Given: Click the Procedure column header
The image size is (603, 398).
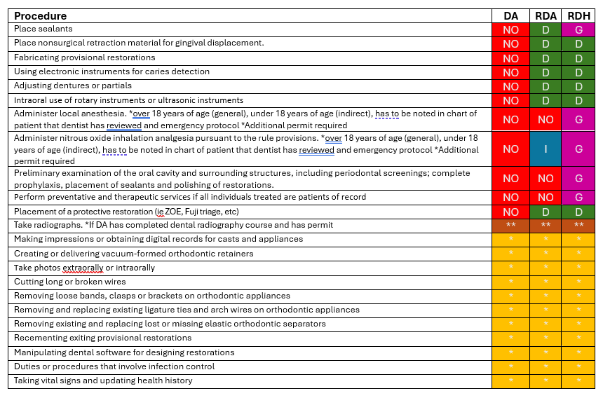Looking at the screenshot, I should click(41, 16).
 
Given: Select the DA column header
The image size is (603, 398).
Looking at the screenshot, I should click(510, 16).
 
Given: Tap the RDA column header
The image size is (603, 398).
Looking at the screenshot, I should click(545, 16).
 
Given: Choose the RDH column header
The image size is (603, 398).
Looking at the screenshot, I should click(578, 16).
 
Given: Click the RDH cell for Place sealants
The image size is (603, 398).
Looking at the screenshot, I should click(578, 30).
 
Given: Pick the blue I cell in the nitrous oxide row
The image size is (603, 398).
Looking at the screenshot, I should click(545, 149).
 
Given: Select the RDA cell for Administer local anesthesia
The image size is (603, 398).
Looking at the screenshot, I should click(545, 119).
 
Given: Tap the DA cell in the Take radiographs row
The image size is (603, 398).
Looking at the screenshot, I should click(510, 226).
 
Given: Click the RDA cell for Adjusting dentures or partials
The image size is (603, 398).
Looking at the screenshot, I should click(545, 86).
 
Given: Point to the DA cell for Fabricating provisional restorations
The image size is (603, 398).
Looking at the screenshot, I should click(510, 58).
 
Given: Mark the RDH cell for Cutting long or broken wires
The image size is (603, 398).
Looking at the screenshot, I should click(578, 282).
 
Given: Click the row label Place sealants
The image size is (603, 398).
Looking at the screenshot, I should click(43, 29).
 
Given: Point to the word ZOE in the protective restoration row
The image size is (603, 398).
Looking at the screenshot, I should click(172, 212).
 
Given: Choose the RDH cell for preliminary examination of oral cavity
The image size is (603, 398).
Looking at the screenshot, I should click(578, 179).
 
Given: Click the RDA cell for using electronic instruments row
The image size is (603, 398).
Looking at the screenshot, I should click(545, 72).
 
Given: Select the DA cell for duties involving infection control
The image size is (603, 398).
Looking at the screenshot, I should click(510, 366).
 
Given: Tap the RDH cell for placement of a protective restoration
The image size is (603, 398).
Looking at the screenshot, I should click(578, 212).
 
